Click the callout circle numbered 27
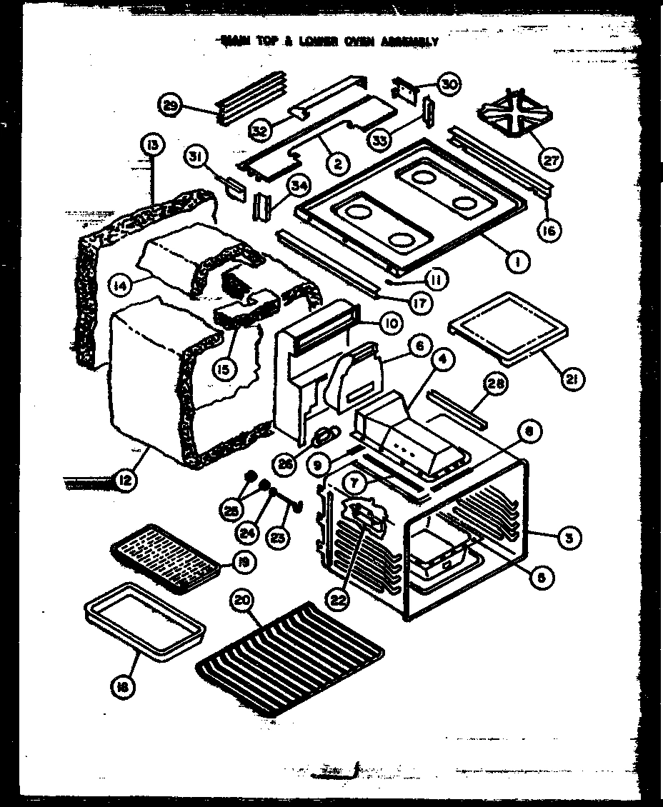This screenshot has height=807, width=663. (x=552, y=159)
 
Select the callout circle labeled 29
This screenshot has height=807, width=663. (x=170, y=106)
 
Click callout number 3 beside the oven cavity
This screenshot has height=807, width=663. (x=568, y=538)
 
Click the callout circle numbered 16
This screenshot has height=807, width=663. (x=550, y=230)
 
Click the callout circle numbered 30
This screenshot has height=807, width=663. (x=448, y=84)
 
